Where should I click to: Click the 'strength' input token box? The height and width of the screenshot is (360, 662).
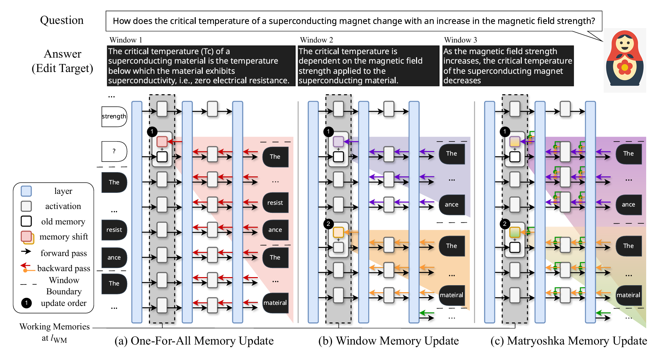(114, 117)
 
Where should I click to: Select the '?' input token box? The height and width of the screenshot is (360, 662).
(114, 151)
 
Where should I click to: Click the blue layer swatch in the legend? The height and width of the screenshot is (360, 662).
(26, 191)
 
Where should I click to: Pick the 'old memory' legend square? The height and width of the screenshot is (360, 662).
(26, 221)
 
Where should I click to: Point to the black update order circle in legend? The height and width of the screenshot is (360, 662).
(26, 303)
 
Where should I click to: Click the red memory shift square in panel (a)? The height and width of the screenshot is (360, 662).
(162, 142)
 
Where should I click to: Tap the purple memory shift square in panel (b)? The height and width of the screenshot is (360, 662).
(338, 142)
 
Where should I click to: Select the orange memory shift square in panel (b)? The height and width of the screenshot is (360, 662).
(338, 232)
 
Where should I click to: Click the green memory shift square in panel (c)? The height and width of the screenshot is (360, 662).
(515, 232)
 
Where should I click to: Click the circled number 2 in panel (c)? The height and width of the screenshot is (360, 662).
(505, 224)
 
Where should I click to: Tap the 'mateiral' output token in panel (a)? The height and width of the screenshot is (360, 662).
(275, 303)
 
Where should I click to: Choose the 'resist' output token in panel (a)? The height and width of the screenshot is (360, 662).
(275, 203)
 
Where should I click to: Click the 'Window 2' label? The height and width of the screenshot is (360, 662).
(316, 40)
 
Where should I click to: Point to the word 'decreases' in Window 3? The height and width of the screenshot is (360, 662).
(462, 81)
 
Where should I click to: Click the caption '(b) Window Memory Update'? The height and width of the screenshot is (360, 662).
(388, 341)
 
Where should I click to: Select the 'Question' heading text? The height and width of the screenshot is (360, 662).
(62, 20)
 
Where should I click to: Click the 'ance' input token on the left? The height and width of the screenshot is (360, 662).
(114, 257)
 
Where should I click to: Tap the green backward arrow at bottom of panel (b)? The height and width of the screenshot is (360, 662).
(427, 312)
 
